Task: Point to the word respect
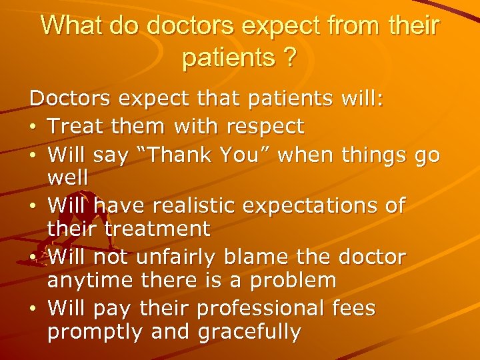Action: click(265, 125)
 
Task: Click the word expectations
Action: click(326, 206)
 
